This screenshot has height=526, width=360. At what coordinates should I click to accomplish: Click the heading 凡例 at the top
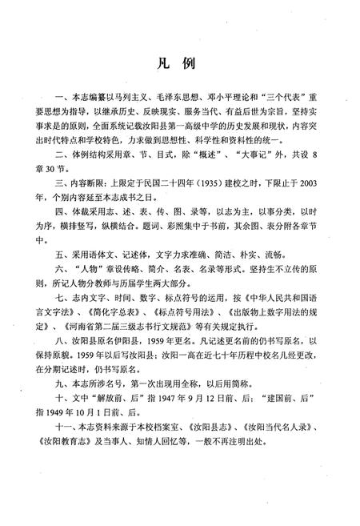point(180,62)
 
